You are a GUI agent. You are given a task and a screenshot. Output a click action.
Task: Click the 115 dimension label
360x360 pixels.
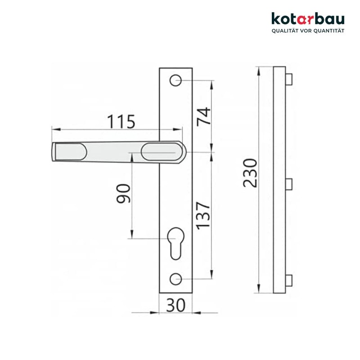coord(121,121)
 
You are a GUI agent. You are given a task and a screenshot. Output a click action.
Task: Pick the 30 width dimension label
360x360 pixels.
coord(176,306)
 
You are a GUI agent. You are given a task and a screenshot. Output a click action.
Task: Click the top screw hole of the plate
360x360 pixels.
coord(176,80)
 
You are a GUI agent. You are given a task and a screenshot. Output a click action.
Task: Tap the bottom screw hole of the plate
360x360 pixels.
coord(176,279)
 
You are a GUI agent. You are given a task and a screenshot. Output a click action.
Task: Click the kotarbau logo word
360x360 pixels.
coord(308,19)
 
